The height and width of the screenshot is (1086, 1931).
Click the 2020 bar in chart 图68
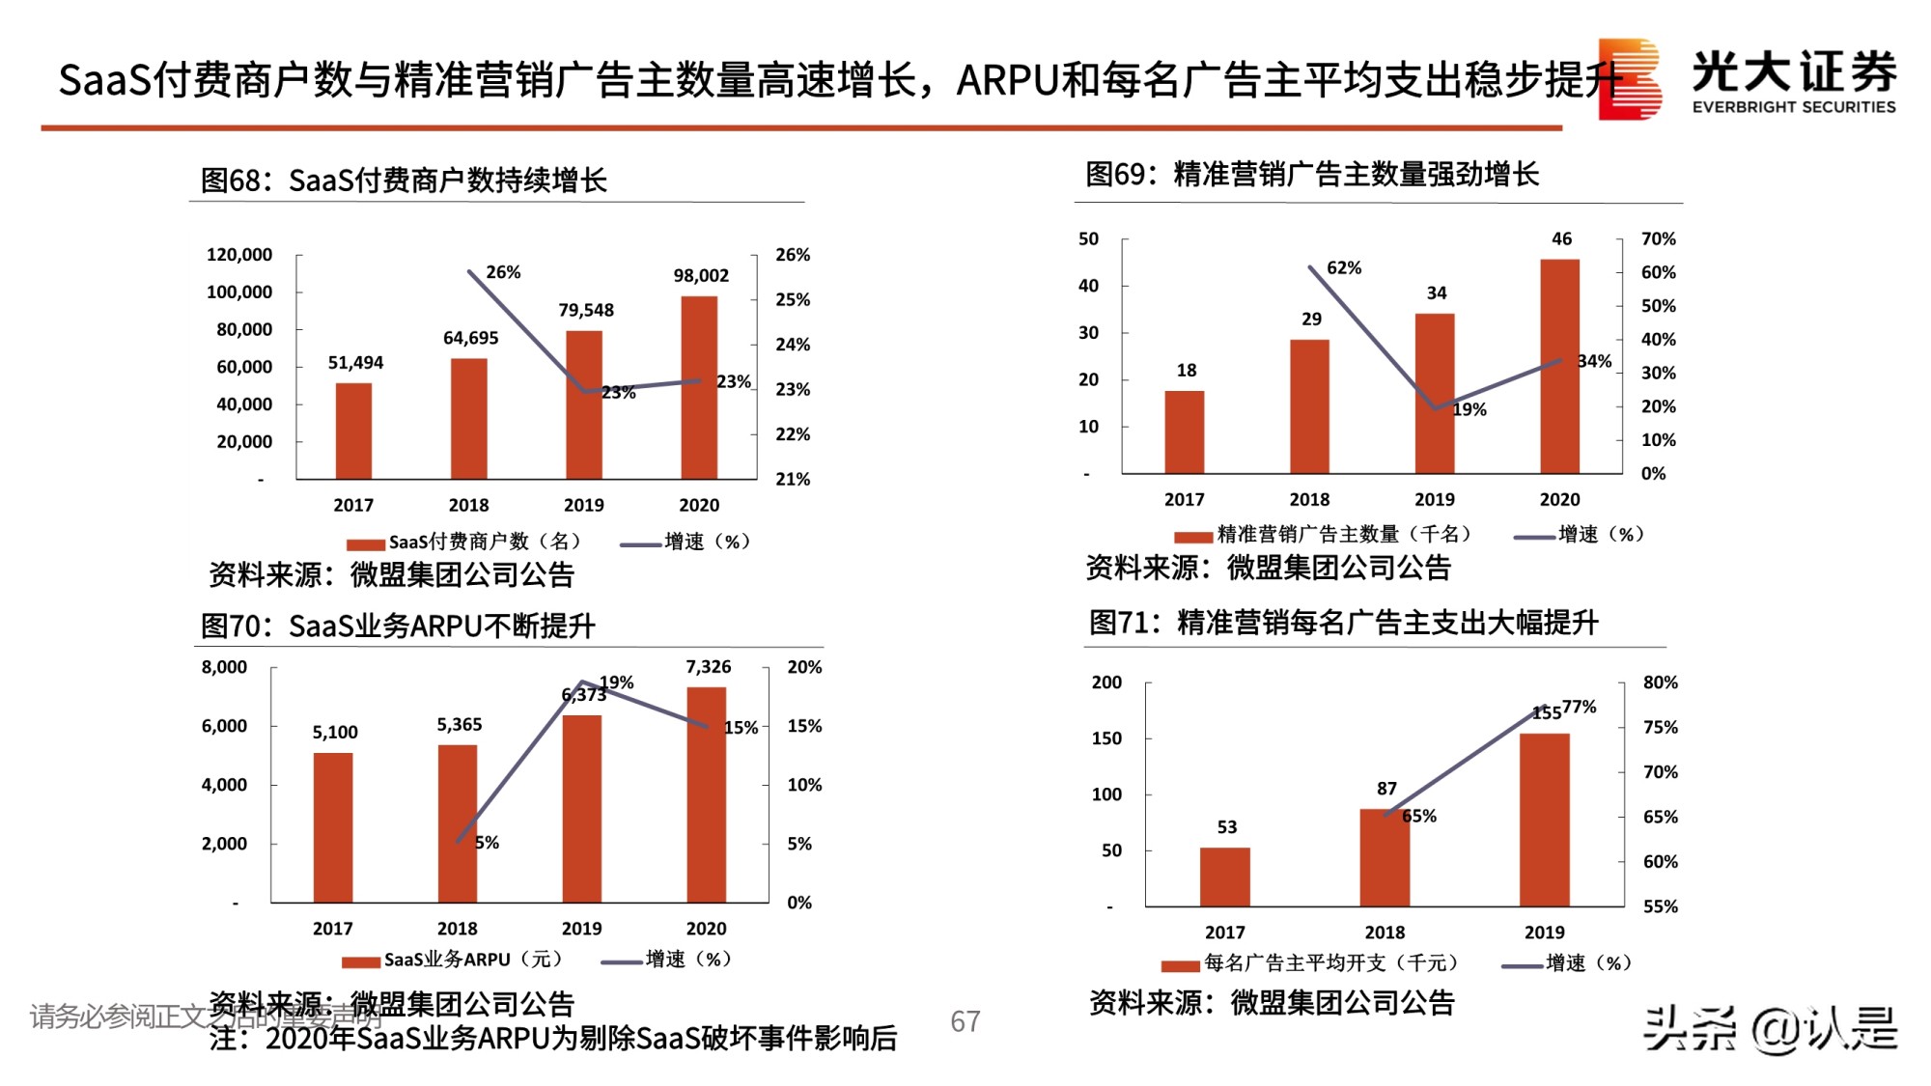699,387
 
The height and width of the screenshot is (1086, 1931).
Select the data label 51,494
355,363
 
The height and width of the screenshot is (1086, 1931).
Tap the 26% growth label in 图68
503,272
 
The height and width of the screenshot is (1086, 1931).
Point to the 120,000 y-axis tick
239,255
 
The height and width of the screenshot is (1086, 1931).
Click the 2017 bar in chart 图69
1184,432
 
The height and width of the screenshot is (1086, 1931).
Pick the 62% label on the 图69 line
1344,267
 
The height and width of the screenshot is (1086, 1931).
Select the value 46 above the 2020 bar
1561,238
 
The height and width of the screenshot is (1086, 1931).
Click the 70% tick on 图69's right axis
1658,238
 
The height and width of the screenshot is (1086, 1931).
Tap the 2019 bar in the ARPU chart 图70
582,808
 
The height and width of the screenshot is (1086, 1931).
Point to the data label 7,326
708,667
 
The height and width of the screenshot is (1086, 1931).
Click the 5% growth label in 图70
488,843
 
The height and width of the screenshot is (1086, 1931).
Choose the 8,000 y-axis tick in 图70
224,667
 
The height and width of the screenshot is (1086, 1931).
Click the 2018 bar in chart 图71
1384,857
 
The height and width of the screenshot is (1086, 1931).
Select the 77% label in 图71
1580,707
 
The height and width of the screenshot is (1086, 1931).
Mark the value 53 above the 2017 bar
1226,827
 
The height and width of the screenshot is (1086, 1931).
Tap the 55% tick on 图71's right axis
1660,906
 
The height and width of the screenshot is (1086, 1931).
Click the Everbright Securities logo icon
1630,79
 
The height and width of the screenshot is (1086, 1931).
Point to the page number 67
965,1021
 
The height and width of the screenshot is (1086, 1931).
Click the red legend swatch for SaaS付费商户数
366,544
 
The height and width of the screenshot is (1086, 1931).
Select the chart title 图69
1311,175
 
